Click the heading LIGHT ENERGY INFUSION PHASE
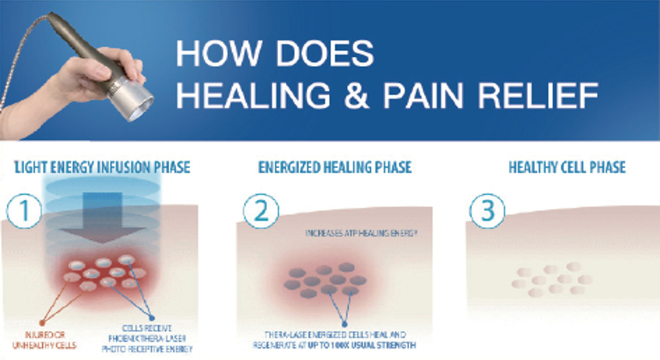click(x=102, y=168)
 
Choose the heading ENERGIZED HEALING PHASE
click(x=334, y=168)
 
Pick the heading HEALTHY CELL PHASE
click(x=567, y=168)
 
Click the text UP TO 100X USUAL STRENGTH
click(x=381, y=345)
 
